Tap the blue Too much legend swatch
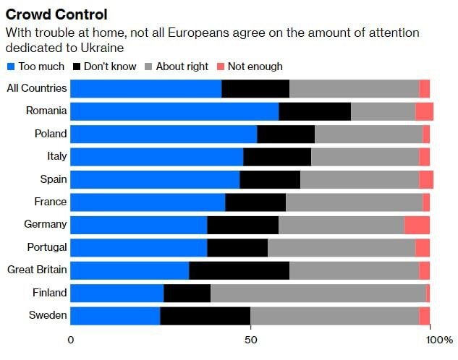10,67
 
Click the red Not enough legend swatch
221,67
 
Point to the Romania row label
46,111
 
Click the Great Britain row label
37,270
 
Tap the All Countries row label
37,88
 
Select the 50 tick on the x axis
250,340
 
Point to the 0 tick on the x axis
71,340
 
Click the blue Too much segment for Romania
174,111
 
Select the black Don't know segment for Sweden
205,316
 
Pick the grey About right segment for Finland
318,293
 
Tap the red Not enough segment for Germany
417,225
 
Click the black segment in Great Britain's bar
239,270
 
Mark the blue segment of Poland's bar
164,134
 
